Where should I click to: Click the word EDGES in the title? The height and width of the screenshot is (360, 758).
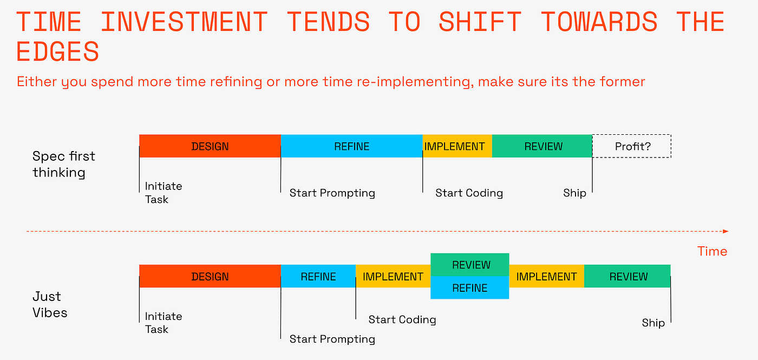coord(58,52)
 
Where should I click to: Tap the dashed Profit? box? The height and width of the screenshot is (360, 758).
coord(632,146)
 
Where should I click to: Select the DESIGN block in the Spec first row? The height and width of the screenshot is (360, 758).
coord(210,146)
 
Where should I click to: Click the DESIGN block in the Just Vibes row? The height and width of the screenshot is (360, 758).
coord(210,276)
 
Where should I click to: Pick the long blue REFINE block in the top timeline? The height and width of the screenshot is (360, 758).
coord(351,146)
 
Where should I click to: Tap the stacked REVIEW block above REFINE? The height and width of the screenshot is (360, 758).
coord(470,265)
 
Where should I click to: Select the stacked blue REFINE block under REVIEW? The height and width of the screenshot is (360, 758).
coord(470,287)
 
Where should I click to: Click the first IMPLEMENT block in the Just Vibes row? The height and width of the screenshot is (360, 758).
coord(393,276)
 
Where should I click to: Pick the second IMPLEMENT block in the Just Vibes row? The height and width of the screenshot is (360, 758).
coord(546,276)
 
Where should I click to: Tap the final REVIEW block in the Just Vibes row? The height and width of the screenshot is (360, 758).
coord(628,276)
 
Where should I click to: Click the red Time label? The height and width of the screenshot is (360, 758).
coord(712,251)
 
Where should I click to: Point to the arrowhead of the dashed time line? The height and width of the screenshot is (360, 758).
coord(726,231)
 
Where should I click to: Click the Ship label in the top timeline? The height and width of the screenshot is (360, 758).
coord(574,193)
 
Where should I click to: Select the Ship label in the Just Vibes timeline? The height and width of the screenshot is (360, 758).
coord(653,323)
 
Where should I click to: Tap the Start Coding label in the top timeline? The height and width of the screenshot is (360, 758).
coord(469,193)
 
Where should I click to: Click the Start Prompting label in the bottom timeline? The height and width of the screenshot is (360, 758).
coord(332,339)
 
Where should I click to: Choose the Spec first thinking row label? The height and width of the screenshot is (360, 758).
coord(63,164)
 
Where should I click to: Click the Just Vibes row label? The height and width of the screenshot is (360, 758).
coord(50,304)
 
